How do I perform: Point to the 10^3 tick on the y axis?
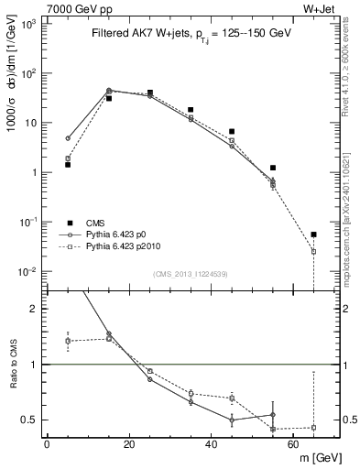pyautogui.click(x=28, y=24)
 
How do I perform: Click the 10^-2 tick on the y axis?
pyautogui.click(x=27, y=271)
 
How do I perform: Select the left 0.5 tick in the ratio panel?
pyautogui.click(x=31, y=420)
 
